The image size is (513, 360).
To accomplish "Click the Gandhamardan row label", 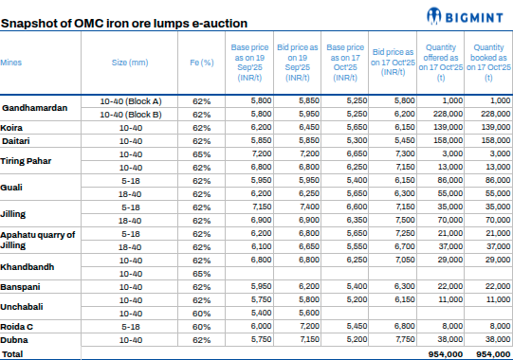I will (x=35, y=107).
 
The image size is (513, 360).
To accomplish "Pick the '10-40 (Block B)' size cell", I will (x=131, y=113).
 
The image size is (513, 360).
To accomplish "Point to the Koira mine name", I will (x=12, y=126).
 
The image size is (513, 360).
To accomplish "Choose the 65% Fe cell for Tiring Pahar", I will (x=201, y=153).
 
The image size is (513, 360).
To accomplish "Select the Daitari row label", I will (x=16, y=140).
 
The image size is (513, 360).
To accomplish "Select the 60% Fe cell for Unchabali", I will (x=201, y=312).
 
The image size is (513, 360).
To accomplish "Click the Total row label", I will (x=12, y=352).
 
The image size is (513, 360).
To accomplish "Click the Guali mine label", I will (x=13, y=186).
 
